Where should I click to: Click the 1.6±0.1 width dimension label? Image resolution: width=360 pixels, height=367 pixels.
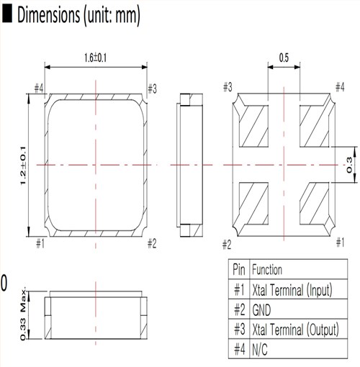coord(95,58)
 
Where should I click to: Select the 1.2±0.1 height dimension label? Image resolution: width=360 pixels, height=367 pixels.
coord(23,166)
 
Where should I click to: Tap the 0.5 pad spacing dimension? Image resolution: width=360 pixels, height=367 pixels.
coord(284,58)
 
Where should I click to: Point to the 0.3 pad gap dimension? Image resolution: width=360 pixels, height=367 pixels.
coord(349,165)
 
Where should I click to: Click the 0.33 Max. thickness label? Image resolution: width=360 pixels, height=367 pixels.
coord(23,314)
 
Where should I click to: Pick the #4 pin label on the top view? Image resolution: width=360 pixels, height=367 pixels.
coord(39,88)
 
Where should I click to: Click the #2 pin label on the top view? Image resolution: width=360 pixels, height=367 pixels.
coord(152,244)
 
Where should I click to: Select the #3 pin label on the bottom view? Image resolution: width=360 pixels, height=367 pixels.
coord(228,87)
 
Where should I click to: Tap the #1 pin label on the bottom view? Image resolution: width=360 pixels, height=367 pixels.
coord(340,243)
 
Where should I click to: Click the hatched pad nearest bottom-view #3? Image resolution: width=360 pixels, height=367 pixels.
coord(253,126)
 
